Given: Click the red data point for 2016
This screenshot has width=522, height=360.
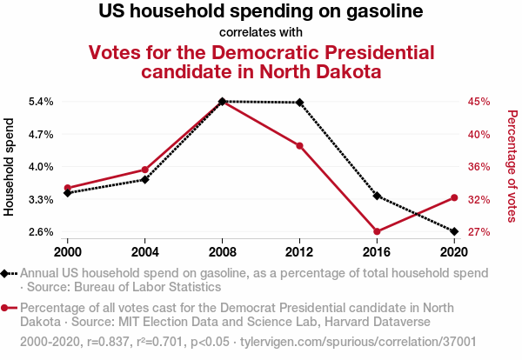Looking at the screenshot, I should pos(377,231).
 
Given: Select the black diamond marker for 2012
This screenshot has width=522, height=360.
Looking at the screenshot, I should pos(300,103).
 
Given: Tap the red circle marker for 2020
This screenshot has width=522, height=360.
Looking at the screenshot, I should pos(453,197).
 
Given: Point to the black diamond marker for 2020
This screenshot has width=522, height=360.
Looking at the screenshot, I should pos(453,231).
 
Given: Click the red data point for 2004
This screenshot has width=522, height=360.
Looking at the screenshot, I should pos(145,170).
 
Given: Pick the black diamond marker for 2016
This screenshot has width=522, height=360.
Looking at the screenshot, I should pos(377,196).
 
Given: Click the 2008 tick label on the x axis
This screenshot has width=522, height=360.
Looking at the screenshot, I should pos(223,251).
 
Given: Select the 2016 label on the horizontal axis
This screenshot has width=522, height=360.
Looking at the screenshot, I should pos(377,251).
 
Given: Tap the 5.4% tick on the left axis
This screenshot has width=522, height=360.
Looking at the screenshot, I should pos(41,102).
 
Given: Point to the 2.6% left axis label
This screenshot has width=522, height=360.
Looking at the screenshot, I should pos(41,232).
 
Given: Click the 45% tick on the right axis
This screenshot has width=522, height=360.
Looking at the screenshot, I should pos(479,102).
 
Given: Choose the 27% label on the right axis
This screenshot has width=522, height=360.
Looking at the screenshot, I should pos(479,232).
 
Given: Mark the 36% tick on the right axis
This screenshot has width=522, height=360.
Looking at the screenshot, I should pos(479,167).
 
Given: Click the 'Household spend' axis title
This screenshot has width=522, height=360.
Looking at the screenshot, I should pos(10,167).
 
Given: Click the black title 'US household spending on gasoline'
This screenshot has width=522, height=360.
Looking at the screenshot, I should pos(261,12).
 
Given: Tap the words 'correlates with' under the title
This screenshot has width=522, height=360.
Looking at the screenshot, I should pos(261,32).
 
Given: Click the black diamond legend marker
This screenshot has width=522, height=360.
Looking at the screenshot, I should pos(7,273).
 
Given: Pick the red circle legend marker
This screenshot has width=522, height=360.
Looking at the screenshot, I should pos(7,308).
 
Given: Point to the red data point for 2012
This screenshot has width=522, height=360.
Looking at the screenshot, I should pos(300,145).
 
